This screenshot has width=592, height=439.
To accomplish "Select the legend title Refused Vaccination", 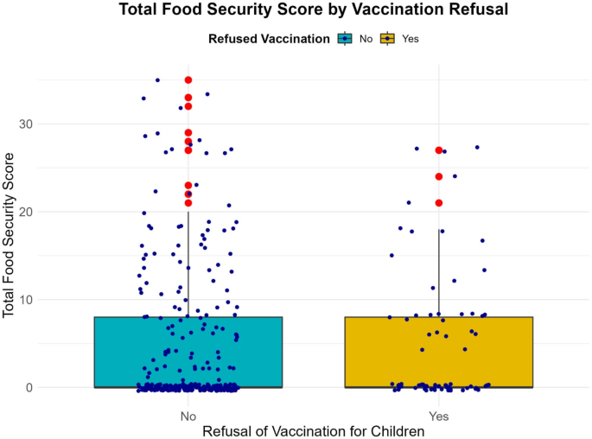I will pyautogui.click(x=268, y=38).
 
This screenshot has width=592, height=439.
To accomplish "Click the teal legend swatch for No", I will pyautogui.click(x=346, y=38).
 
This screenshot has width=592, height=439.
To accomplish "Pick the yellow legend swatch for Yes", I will pyautogui.click(x=390, y=38).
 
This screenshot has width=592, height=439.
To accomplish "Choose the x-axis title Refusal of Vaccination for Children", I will pyautogui.click(x=314, y=429).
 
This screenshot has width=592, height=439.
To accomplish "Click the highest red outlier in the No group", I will pyautogui.click(x=188, y=80).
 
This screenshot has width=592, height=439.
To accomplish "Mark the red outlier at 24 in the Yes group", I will pyautogui.click(x=439, y=176).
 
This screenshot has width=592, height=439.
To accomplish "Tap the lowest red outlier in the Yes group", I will pyautogui.click(x=439, y=203).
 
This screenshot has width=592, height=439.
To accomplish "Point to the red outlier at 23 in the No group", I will pyautogui.click(x=188, y=185).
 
